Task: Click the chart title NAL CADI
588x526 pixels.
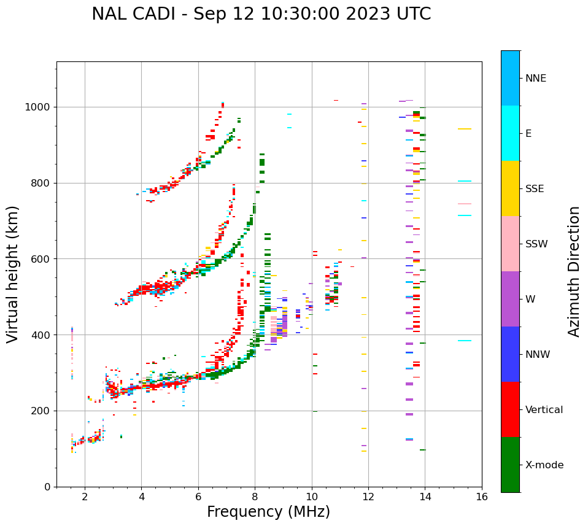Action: pyautogui.click(x=261, y=14)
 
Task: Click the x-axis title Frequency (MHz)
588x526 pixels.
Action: pyautogui.click(x=268, y=512)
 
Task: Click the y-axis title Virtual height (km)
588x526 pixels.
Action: pyautogui.click(x=13, y=274)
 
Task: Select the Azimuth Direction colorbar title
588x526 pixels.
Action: pyautogui.click(x=574, y=271)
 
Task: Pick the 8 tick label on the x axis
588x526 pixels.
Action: pyautogui.click(x=255, y=497)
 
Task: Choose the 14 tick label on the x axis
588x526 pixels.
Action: pyautogui.click(x=425, y=497)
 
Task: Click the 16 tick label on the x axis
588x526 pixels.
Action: pyautogui.click(x=482, y=497)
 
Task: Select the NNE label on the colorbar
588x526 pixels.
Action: pyautogui.click(x=535, y=79)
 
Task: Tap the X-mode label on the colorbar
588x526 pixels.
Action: pyautogui.click(x=544, y=465)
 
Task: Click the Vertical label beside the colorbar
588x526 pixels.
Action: pyautogui.click(x=544, y=410)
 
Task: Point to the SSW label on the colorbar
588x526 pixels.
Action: pyautogui.click(x=536, y=244)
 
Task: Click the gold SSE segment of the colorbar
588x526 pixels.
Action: pyautogui.click(x=510, y=188)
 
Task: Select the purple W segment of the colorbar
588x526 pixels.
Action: pyautogui.click(x=510, y=299)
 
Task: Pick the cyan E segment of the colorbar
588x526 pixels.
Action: pyautogui.click(x=510, y=133)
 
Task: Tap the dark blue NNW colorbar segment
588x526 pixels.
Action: pyautogui.click(x=510, y=354)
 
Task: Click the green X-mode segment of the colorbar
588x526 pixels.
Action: pyautogui.click(x=510, y=465)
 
